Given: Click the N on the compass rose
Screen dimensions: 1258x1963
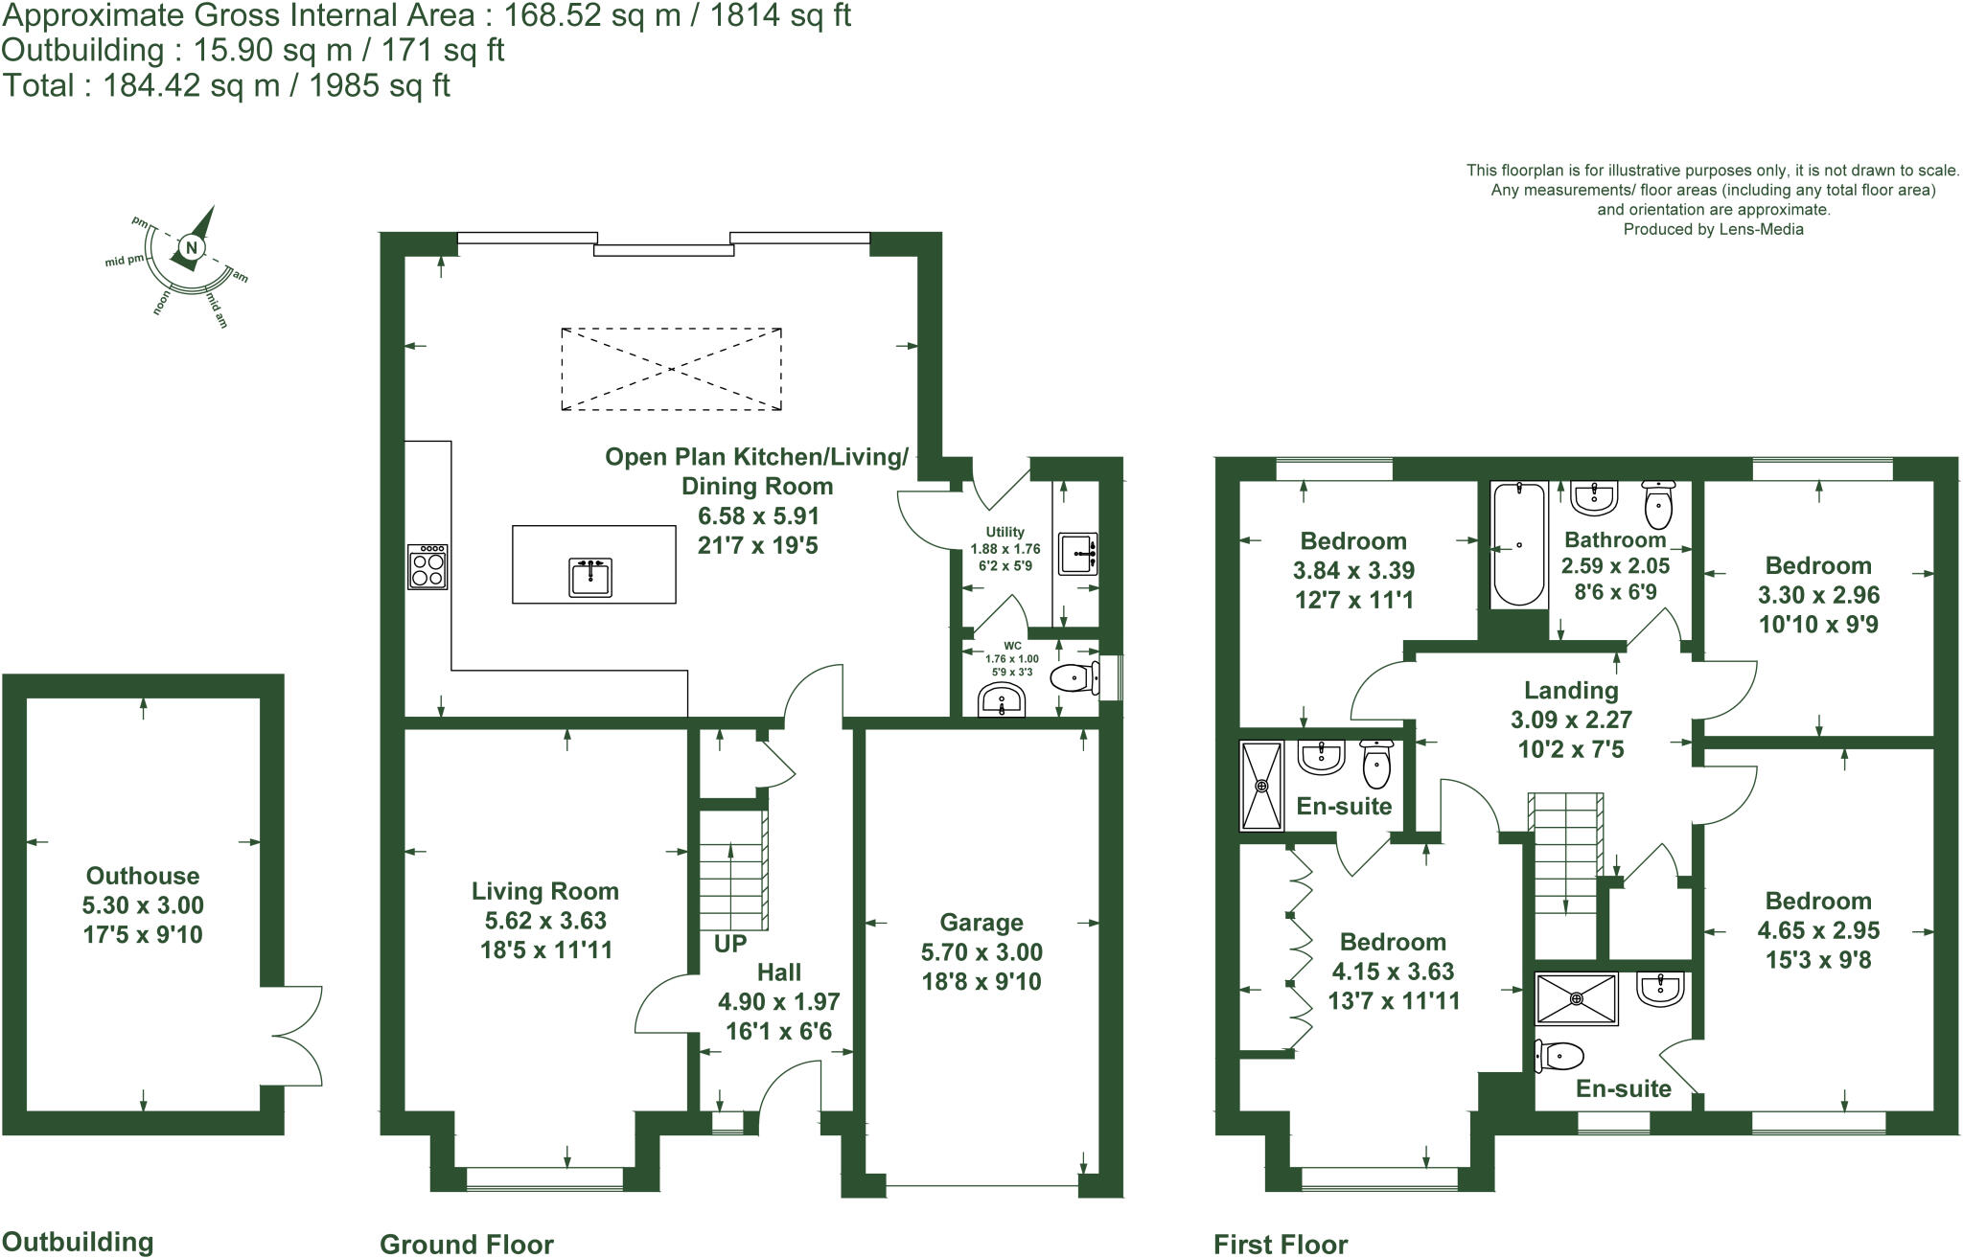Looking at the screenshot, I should point(192,248).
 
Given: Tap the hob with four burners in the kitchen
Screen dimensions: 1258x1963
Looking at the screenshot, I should point(427,566).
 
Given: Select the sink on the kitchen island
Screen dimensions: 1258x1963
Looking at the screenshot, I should point(590,578).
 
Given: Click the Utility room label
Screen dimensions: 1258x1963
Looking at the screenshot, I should point(1005,532).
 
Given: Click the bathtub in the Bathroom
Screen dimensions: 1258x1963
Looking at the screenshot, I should point(1519,544).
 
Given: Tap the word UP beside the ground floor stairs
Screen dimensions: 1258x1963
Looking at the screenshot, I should point(730,944).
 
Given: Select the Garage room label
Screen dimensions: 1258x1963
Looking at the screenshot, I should point(981,922).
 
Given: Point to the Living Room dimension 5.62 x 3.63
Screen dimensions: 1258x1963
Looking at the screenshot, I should point(544,921).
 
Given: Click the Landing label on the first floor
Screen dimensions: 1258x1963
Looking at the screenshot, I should point(1571,690).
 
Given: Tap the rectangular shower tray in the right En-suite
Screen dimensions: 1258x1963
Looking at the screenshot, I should point(1577,998).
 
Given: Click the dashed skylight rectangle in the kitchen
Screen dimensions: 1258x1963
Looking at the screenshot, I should point(671,369).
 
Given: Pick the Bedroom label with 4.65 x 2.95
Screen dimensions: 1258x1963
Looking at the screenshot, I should point(1817,901).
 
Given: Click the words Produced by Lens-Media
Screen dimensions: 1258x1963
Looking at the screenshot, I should point(1713,229).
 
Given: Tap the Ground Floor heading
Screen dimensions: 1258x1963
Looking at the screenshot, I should point(467,1244).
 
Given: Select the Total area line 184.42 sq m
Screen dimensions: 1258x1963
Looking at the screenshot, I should point(226,86).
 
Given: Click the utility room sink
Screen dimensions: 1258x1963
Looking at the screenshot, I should point(1079,553).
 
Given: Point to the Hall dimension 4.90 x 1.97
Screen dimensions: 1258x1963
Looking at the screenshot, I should point(778,1002).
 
